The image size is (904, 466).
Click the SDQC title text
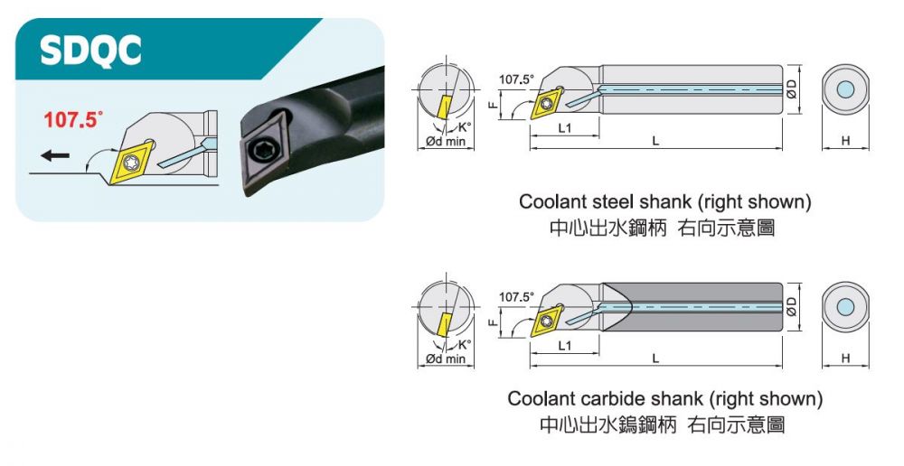(x=90, y=51)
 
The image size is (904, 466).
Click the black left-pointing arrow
(x=55, y=155)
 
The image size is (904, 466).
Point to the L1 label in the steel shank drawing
(x=564, y=128)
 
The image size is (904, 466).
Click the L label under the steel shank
(x=655, y=142)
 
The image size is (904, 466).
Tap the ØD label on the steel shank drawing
(x=792, y=89)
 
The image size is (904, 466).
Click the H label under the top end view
(x=845, y=141)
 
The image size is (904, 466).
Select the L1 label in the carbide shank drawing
(x=564, y=346)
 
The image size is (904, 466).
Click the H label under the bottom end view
(x=845, y=359)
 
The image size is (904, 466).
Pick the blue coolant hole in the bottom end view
(x=845, y=307)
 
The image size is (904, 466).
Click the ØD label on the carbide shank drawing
(x=792, y=307)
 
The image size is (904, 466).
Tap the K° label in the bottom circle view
(x=465, y=344)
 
